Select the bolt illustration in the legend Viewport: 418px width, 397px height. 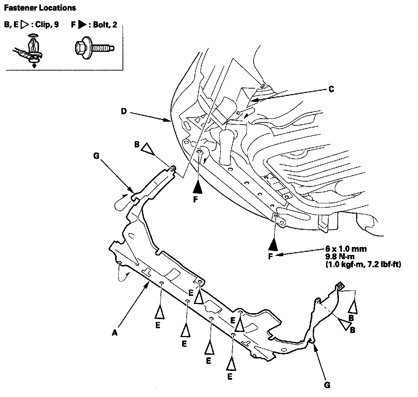click(x=94, y=47)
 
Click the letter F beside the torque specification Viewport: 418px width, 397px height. click(x=270, y=256)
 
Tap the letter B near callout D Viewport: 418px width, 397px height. click(x=137, y=145)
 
